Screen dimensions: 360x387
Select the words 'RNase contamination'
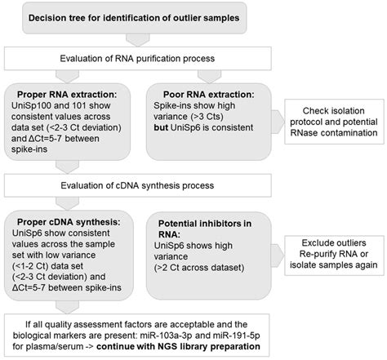[333, 134]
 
